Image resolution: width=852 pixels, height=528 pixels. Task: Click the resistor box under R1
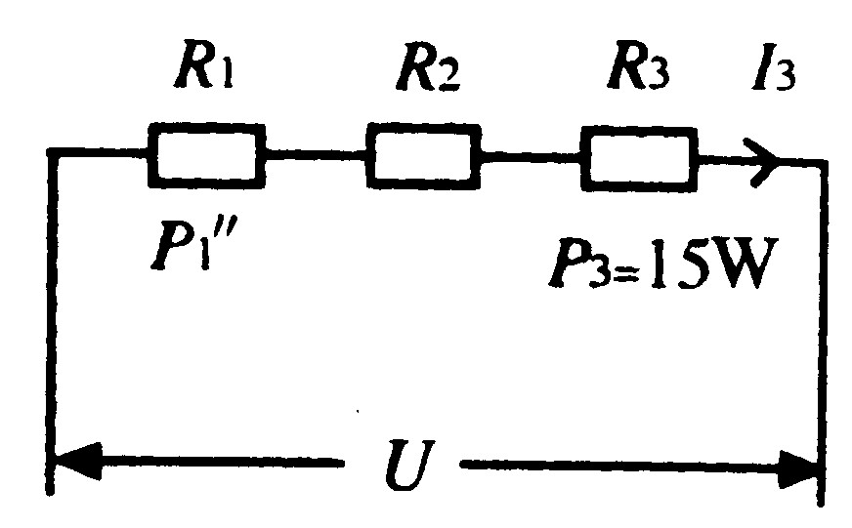pos(206,154)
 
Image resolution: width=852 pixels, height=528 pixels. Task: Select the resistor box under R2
pos(423,154)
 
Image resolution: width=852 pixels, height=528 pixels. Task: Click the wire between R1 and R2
pos(315,154)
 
